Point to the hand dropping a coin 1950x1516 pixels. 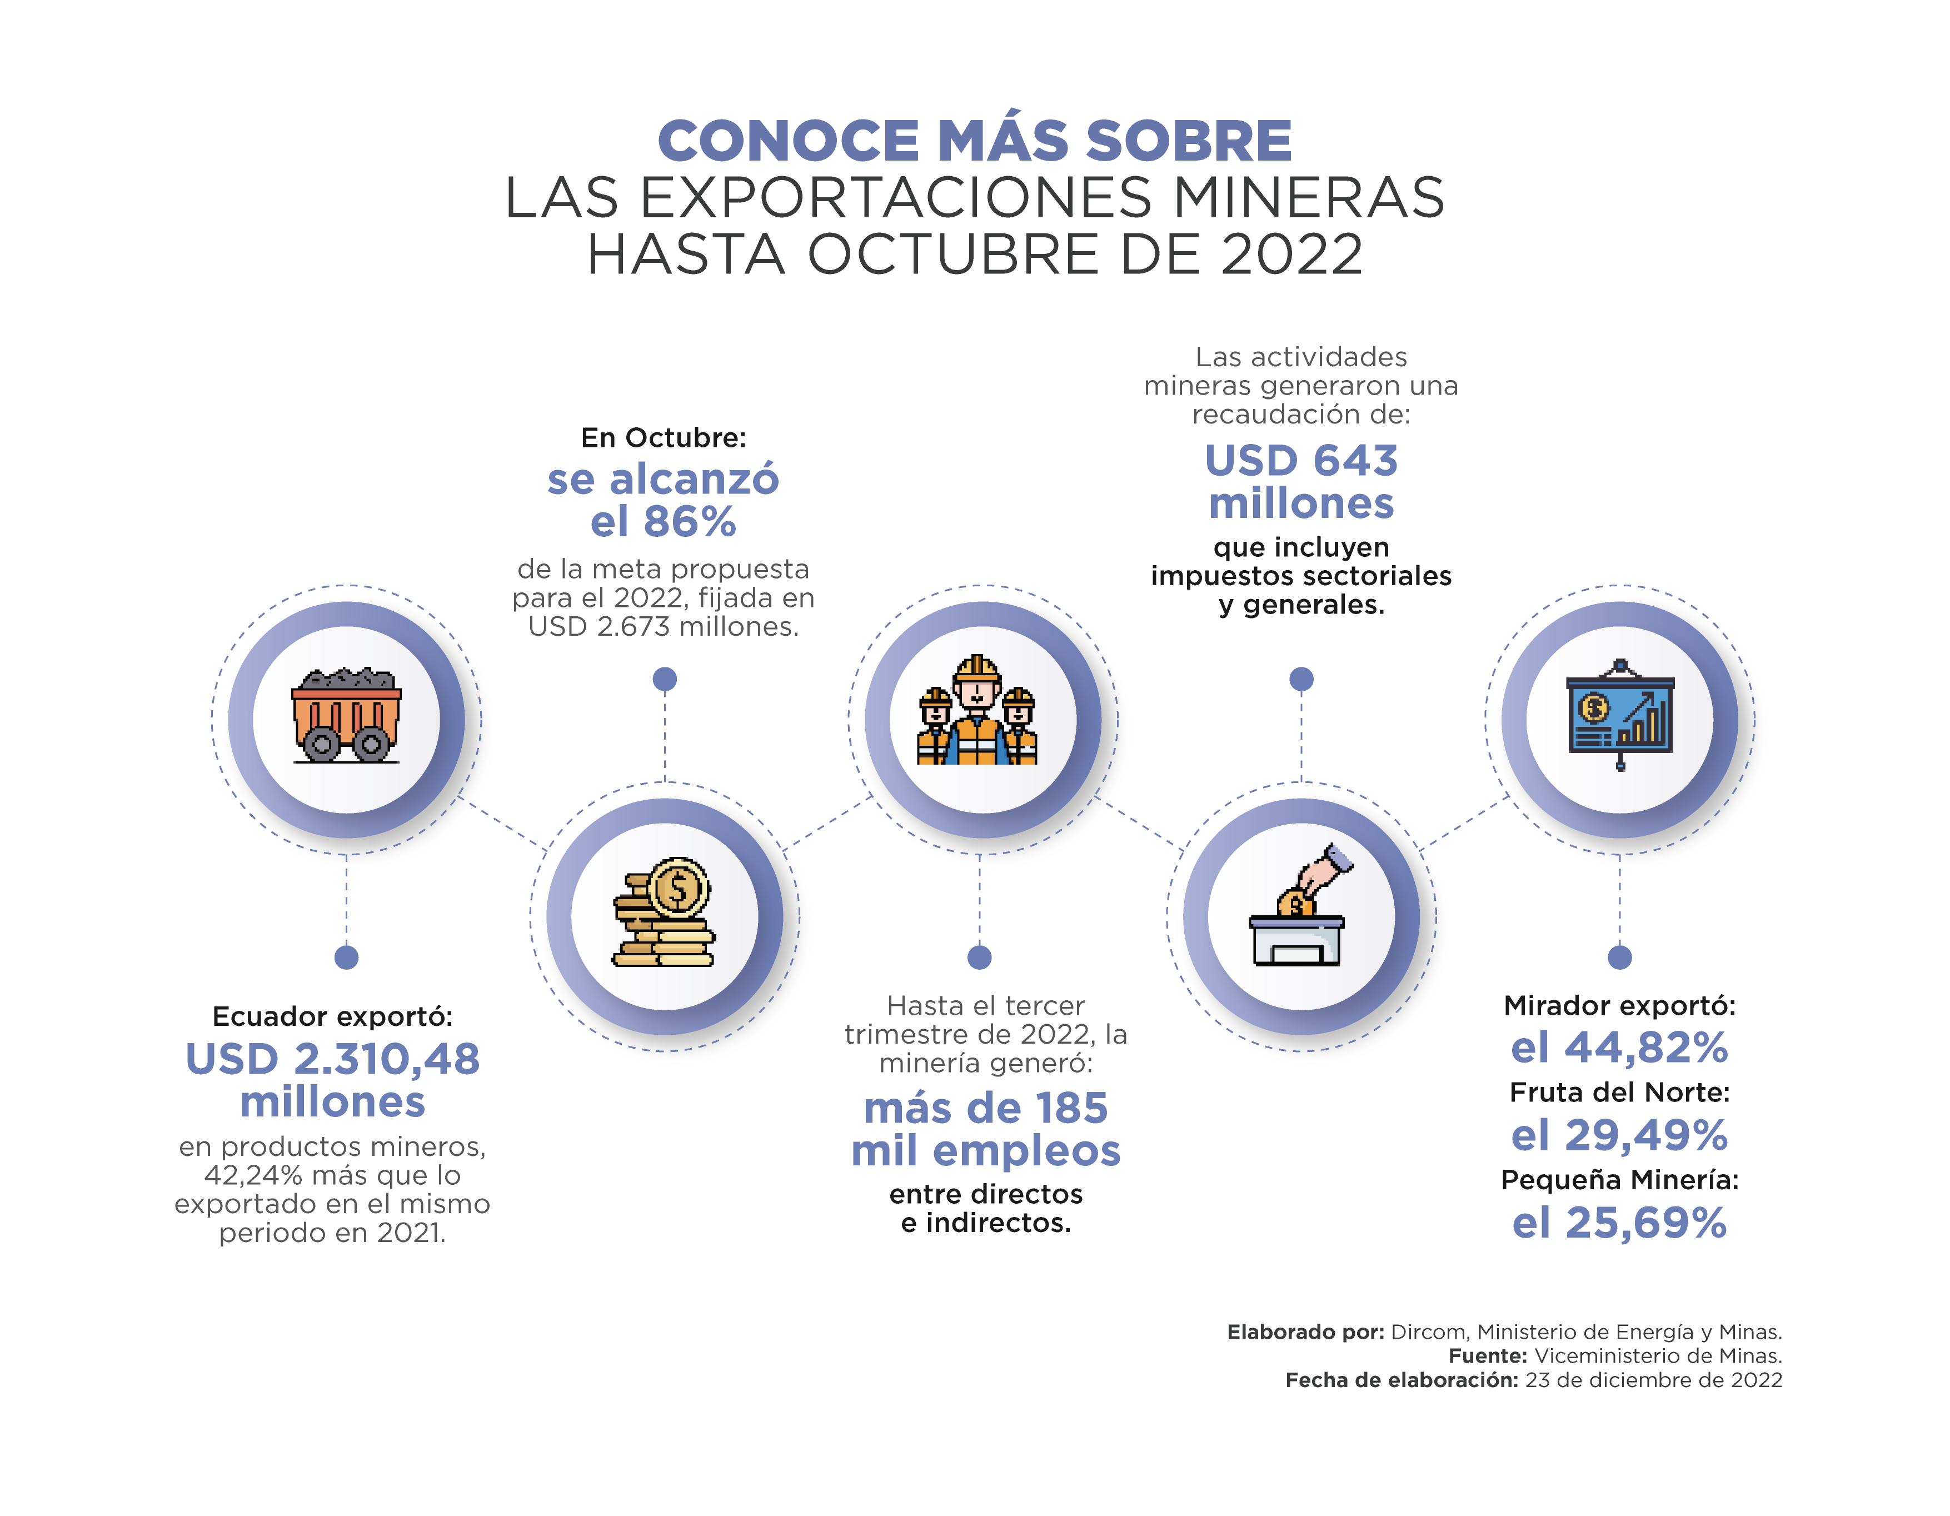(x=1326, y=870)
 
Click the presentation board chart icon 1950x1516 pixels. (x=1620, y=714)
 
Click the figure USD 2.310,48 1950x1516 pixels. (x=332, y=1060)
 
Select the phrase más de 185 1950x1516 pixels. (x=986, y=1108)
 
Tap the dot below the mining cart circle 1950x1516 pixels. (x=346, y=957)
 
